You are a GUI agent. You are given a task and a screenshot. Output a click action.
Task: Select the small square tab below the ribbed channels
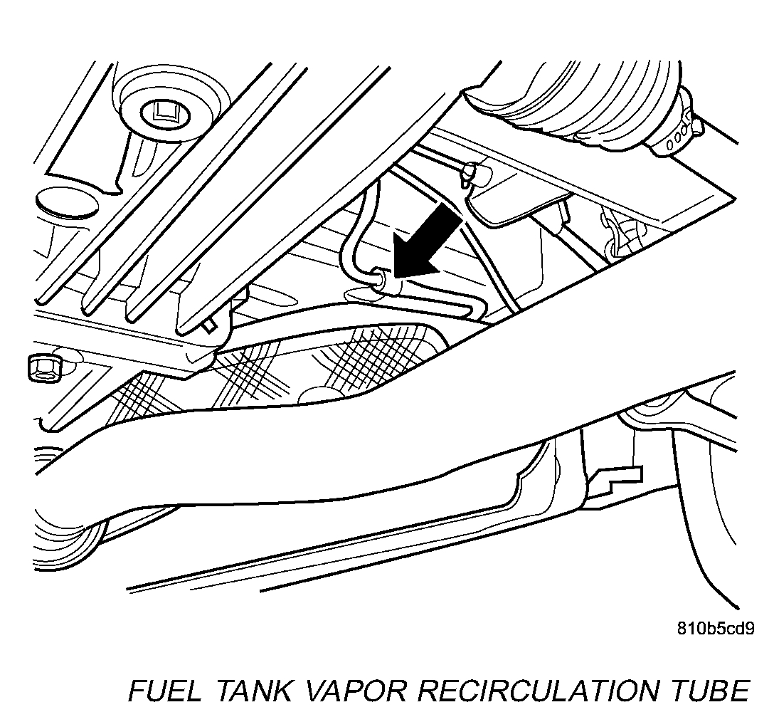click(208, 324)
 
